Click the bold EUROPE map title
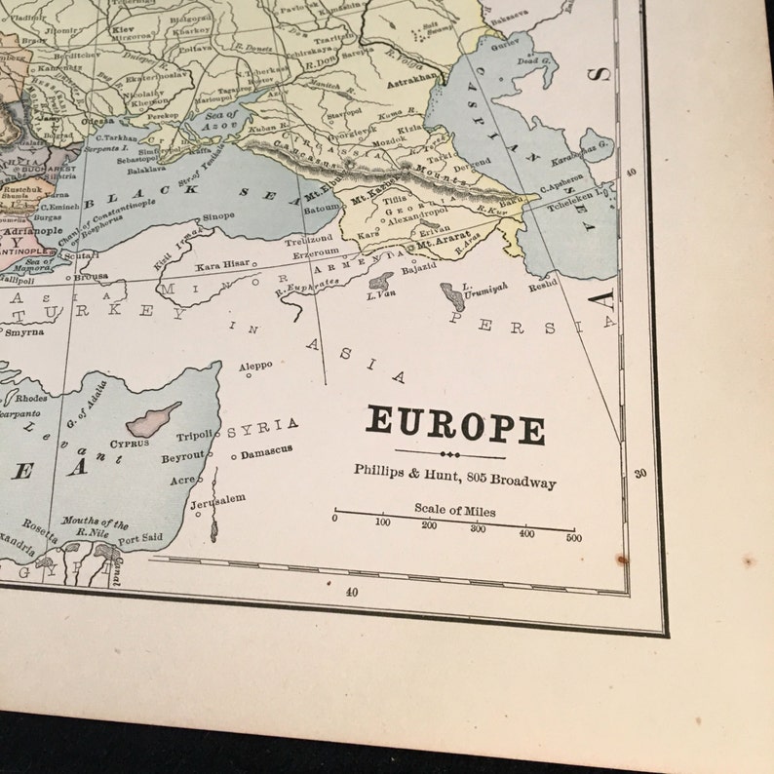[x=455, y=426]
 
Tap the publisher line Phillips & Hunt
[x=454, y=481]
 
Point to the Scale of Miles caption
[x=453, y=511]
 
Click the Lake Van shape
[x=380, y=282]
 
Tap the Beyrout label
[x=183, y=455]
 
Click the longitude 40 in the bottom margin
[x=352, y=590]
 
